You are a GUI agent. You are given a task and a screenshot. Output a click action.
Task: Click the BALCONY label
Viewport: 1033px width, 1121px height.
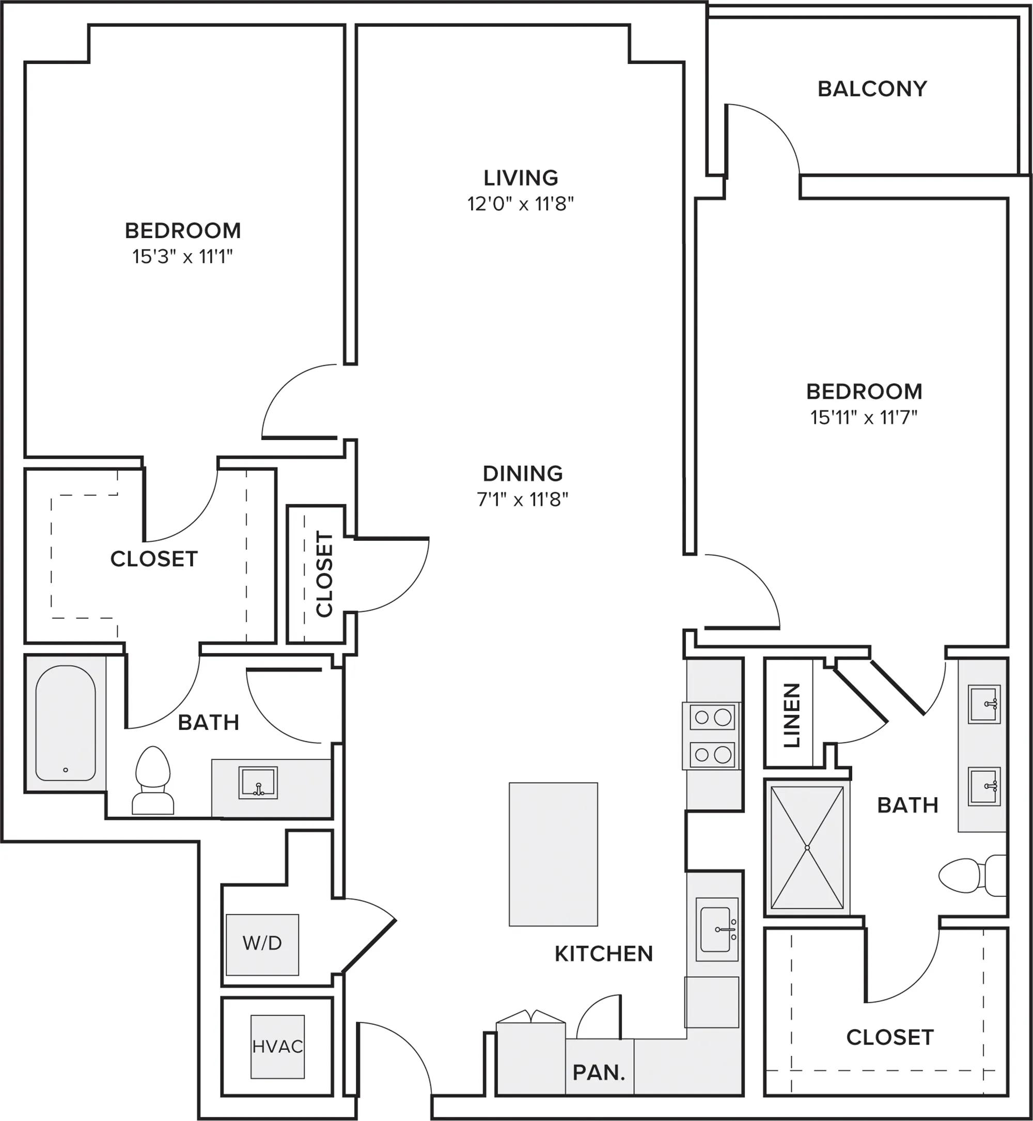pos(872,89)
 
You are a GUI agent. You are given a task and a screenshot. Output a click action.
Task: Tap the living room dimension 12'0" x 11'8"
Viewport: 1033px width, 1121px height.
pos(521,204)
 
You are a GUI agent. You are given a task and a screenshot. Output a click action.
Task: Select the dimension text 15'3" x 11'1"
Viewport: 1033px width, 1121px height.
pos(182,257)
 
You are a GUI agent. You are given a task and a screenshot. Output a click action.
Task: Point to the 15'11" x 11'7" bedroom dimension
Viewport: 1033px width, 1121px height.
pos(864,417)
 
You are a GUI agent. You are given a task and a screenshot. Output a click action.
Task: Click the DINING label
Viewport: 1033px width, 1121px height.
pos(523,474)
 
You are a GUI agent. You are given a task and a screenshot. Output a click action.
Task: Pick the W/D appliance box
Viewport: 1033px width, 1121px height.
pos(262,944)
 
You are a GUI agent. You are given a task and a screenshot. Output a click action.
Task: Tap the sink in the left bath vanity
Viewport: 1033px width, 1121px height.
pos(258,783)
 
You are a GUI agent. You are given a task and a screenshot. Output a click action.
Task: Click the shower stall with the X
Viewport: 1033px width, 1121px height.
pos(807,848)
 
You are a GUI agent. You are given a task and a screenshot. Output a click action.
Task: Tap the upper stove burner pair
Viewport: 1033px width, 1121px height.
pos(712,717)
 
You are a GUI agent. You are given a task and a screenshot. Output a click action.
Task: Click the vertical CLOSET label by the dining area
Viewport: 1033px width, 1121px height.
pos(324,574)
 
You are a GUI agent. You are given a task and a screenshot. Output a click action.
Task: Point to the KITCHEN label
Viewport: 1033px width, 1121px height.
pos(603,954)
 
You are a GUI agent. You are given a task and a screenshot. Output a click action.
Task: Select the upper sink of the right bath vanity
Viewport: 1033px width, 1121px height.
pos(984,704)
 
